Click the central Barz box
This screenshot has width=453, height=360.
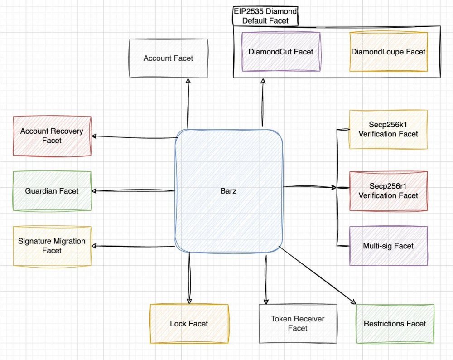tap(228, 191)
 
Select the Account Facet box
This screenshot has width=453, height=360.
tap(169, 58)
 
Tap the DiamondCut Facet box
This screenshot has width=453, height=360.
tap(281, 52)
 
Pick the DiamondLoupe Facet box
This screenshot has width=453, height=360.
tap(388, 52)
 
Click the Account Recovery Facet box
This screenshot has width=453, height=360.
tap(52, 136)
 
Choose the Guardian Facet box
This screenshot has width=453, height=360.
tap(52, 191)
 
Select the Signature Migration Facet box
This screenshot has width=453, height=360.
tap(52, 246)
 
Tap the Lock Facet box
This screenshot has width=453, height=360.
tap(189, 324)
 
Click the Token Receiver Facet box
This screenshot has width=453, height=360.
tap(298, 324)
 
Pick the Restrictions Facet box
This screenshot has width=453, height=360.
tap(395, 324)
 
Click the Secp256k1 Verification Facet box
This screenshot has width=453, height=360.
tap(388, 130)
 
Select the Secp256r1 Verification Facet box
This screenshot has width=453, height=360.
tap(388, 191)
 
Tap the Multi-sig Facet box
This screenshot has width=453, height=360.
tap(388, 246)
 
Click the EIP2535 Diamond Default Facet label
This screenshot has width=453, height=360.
tap(265, 16)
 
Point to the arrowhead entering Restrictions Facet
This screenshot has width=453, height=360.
tap(353, 302)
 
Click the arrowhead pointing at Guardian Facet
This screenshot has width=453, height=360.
tap(94, 191)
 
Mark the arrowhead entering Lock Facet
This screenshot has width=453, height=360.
tap(189, 301)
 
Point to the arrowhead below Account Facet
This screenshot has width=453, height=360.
tap(188, 81)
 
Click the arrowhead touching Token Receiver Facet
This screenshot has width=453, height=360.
tap(266, 302)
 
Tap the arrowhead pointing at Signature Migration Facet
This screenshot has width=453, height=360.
tap(94, 246)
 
